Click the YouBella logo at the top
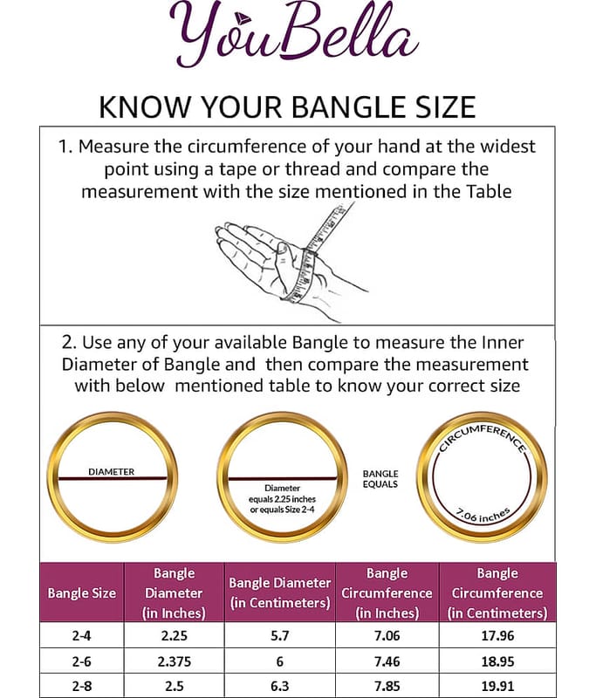(x=294, y=34)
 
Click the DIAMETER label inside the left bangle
(x=112, y=472)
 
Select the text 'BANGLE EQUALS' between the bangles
(x=380, y=479)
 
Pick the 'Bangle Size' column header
(x=81, y=593)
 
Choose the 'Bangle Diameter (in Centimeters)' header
(x=280, y=592)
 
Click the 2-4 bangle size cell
(x=81, y=636)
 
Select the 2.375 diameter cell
(x=174, y=661)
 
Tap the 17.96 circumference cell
(x=497, y=636)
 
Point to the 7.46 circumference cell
(x=387, y=661)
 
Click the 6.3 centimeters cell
(x=280, y=686)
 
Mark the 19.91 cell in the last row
(x=497, y=686)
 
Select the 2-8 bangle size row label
(x=81, y=686)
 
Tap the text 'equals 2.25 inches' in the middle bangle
(x=282, y=499)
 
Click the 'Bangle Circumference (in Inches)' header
(x=387, y=593)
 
